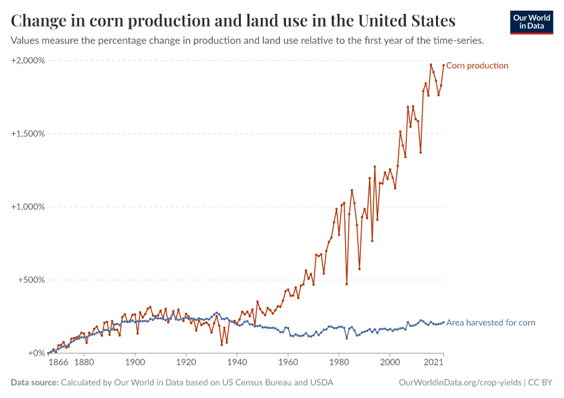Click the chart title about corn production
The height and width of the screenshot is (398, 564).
click(x=233, y=21)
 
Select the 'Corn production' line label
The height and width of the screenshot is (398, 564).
click(x=477, y=66)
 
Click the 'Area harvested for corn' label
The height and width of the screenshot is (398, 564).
click(x=490, y=323)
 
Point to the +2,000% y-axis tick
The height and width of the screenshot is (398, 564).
click(x=28, y=60)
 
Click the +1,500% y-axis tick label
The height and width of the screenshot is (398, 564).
click(x=28, y=133)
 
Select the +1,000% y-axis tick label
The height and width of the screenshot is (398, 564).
click(x=28, y=207)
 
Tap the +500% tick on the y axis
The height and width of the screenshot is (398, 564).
click(x=31, y=280)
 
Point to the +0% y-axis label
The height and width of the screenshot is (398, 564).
click(x=35, y=354)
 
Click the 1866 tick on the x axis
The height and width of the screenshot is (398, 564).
click(x=58, y=364)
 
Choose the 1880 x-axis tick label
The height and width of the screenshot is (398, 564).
click(x=84, y=364)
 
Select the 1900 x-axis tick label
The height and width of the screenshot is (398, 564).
click(x=135, y=364)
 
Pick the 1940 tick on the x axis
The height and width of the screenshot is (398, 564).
click(x=237, y=364)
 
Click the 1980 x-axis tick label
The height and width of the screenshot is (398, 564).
click(x=339, y=364)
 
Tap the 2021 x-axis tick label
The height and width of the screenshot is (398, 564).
click(x=434, y=364)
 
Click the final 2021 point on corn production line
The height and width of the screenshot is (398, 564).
click(x=443, y=65)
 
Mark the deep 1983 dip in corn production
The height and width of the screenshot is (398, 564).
click(x=346, y=284)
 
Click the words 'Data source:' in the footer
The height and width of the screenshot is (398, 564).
click(x=35, y=383)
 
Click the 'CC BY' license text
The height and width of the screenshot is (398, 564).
click(x=540, y=383)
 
